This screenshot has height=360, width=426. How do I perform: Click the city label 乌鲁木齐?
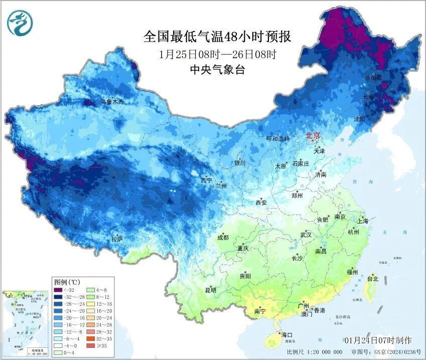112,102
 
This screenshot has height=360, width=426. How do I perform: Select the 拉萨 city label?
117,239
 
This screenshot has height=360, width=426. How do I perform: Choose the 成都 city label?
222,237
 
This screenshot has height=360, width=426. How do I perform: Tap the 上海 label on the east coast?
363,221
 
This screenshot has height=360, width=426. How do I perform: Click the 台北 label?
373,278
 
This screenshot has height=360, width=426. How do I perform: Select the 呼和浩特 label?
277,139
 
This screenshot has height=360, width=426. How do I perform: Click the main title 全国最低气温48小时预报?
217,37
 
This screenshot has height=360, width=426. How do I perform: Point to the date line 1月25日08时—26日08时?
217,54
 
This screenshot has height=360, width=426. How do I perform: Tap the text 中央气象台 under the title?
217,70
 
